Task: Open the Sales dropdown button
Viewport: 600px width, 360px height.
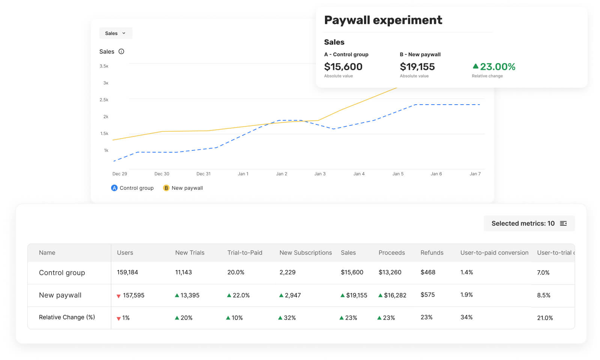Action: [116, 33]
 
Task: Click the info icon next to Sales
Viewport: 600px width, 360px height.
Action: [121, 51]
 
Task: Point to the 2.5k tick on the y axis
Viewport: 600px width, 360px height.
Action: [104, 100]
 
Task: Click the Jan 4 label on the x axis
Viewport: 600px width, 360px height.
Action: [359, 174]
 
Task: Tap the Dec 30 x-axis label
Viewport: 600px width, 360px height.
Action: [162, 174]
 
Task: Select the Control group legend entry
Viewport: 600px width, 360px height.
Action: [132, 188]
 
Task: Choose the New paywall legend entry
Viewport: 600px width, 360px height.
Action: [183, 188]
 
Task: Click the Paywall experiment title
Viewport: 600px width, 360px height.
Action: [383, 20]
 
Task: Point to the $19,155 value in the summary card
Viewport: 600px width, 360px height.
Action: [417, 67]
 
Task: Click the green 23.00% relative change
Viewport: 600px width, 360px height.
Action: [494, 67]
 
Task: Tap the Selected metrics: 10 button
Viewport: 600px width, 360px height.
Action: [529, 223]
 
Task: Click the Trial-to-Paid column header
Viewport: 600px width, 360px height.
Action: [245, 253]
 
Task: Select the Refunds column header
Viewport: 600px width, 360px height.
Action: [432, 253]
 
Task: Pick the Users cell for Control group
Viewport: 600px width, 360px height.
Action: [128, 272]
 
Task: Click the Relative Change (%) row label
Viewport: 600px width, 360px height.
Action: [67, 317]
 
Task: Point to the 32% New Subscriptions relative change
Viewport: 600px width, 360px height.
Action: [289, 318]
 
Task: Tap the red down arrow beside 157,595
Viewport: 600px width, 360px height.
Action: [119, 296]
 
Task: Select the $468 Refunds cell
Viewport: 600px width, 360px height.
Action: [428, 272]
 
